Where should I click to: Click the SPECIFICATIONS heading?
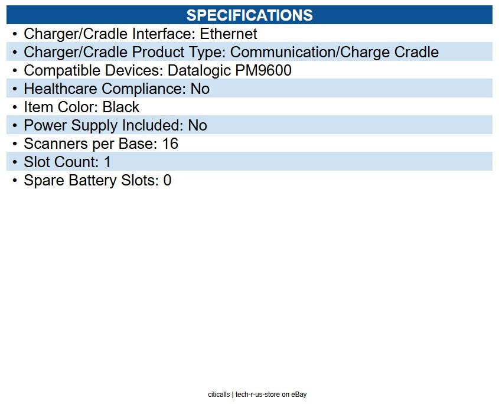[249, 15]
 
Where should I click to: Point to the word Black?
[121, 107]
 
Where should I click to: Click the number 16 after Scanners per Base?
[170, 144]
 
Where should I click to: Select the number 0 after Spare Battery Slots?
[167, 180]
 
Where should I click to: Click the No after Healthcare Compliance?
[200, 89]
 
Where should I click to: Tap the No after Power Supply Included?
[197, 125]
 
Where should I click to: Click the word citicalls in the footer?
[219, 395]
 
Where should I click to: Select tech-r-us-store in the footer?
[257, 395]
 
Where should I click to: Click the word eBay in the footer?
[299, 395]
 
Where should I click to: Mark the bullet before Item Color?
[15, 107]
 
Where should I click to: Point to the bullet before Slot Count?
[15, 162]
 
